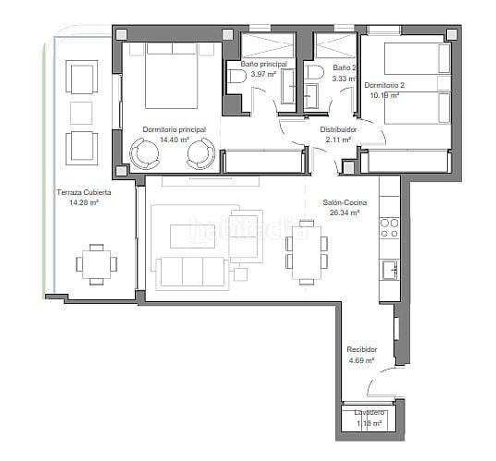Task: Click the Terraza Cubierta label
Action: click(84, 192)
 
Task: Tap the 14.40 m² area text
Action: click(175, 140)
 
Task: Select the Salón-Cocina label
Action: click(345, 202)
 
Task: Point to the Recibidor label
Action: click(362, 349)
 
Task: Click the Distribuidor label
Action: click(338, 129)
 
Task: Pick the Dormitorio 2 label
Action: click(384, 85)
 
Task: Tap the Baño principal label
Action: click(264, 64)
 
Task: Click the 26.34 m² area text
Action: click(345, 212)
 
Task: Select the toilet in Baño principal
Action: click(237, 77)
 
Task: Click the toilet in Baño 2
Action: click(314, 72)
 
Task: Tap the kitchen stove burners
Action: click(390, 228)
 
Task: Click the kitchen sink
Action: click(390, 270)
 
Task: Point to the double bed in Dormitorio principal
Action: click(172, 76)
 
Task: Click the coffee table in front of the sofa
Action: click(193, 236)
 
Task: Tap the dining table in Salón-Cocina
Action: click(307, 252)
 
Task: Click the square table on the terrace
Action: click(96, 264)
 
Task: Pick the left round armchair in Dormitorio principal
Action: click(145, 153)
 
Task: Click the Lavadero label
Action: click(369, 413)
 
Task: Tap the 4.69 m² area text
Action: click(362, 360)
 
